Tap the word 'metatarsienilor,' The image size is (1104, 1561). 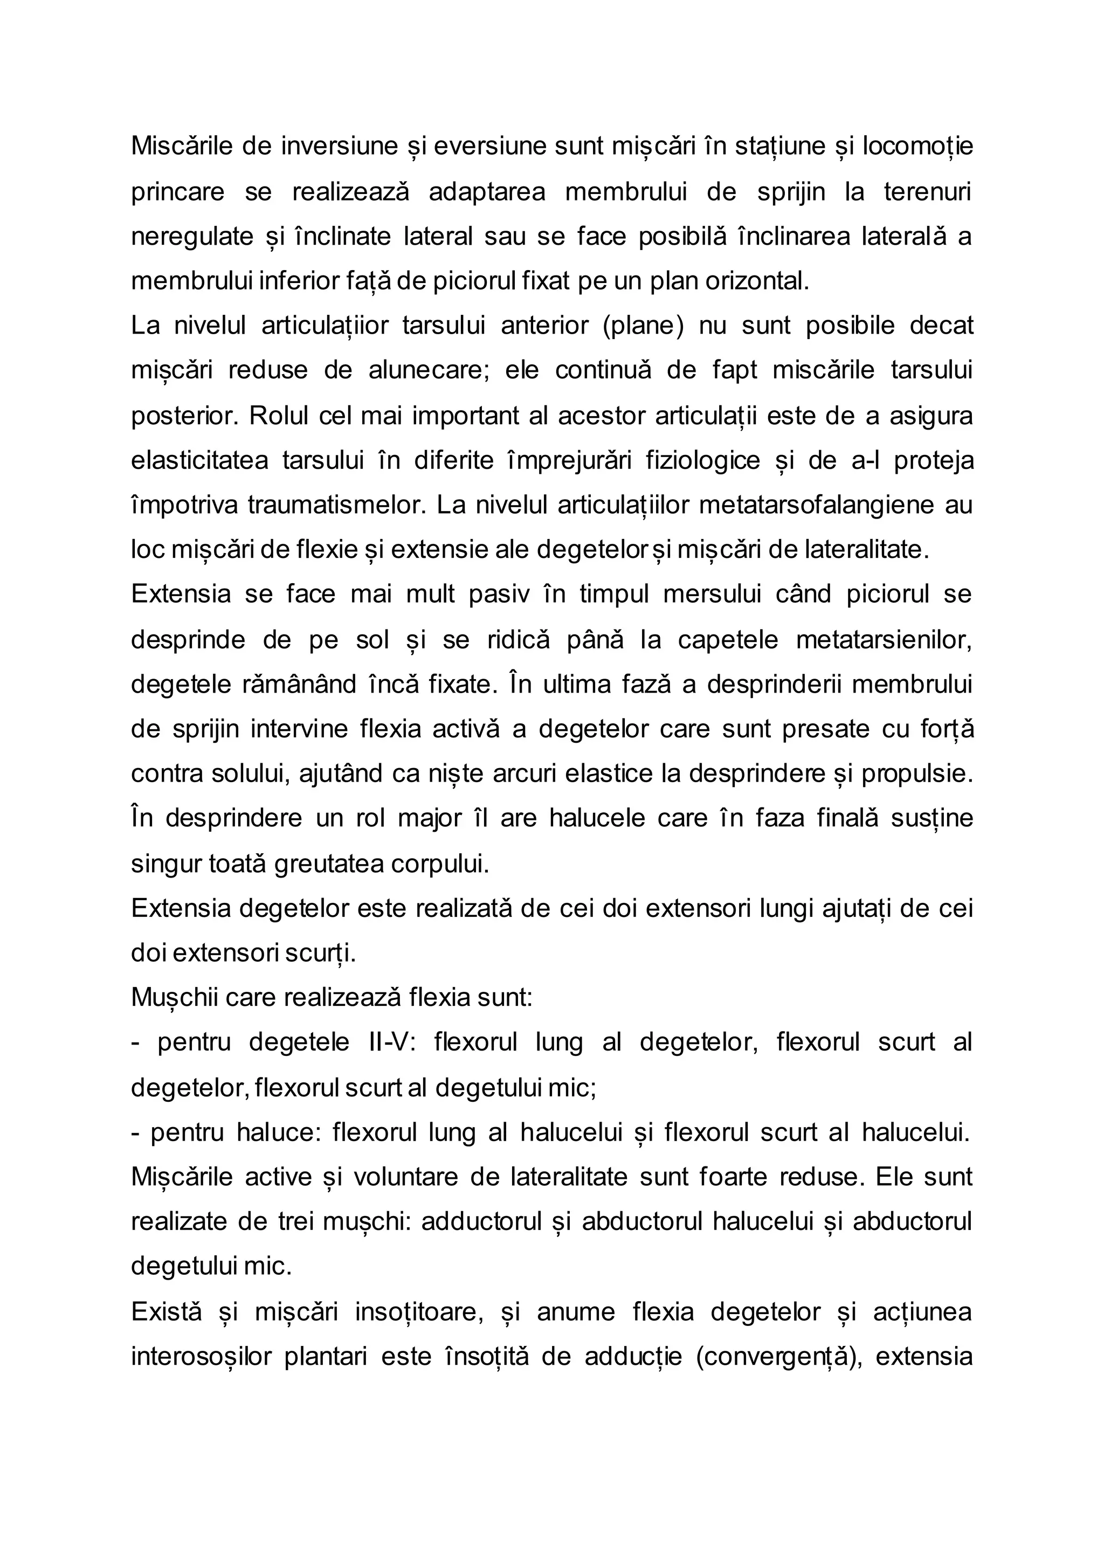[884, 640]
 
